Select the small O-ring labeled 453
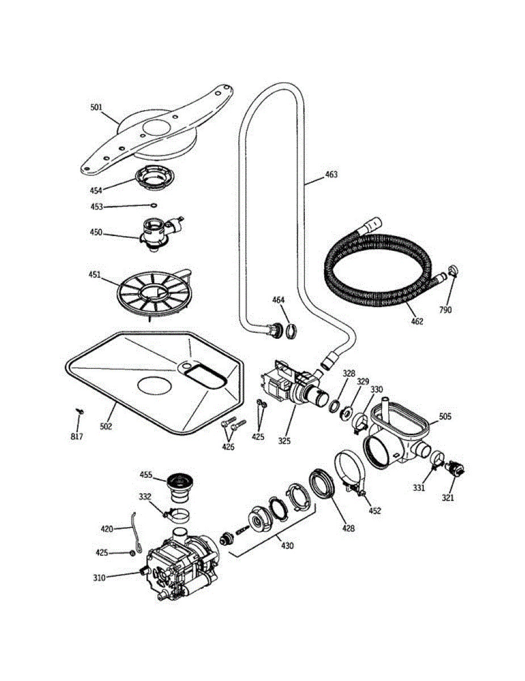tap(153, 205)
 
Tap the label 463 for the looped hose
tap(331, 175)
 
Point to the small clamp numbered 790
tap(453, 271)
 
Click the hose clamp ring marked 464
tap(291, 331)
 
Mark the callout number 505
tap(445, 417)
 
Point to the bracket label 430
tap(287, 546)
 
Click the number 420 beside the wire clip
tap(107, 529)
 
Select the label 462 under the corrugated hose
tap(417, 322)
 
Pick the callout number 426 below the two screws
tap(228, 447)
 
